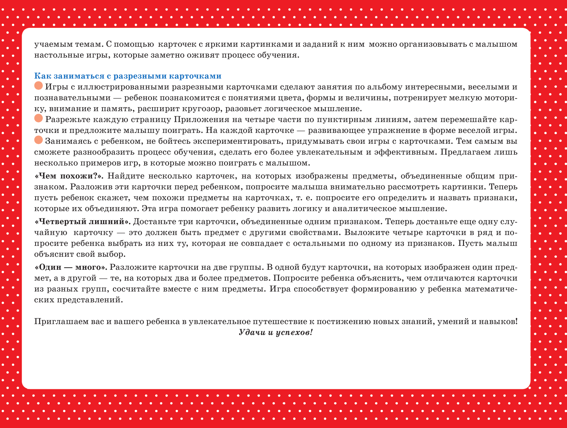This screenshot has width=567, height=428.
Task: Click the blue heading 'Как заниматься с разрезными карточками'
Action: coord(128,76)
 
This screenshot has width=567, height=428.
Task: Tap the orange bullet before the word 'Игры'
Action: coord(38,86)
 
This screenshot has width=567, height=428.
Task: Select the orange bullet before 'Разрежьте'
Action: coord(38,119)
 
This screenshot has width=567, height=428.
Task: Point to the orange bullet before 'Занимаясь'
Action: coord(38,140)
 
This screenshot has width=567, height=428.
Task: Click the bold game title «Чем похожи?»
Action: coord(69,176)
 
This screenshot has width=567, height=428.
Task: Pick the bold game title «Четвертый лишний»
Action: coord(83,222)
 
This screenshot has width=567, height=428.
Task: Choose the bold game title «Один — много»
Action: coord(71,267)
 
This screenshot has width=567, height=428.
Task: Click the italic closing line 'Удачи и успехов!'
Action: coord(276,332)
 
